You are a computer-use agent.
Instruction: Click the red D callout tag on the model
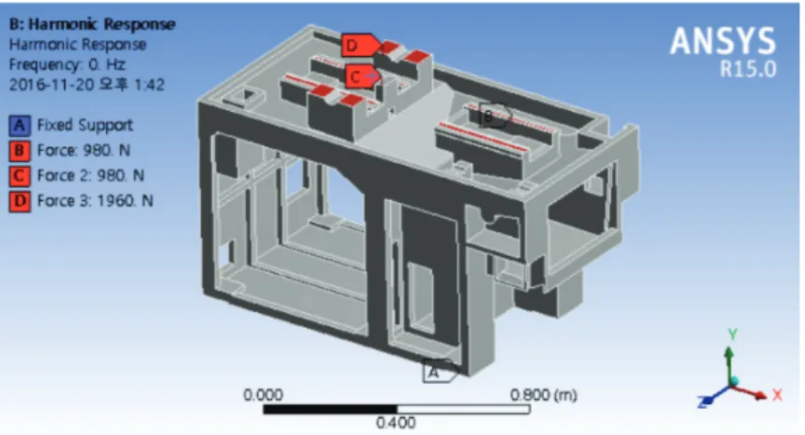(x=361, y=45)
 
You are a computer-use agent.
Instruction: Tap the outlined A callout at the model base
(x=440, y=372)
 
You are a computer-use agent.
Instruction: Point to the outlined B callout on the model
(x=495, y=116)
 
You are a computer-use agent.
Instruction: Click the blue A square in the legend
(x=20, y=126)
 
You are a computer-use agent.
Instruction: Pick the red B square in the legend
(x=20, y=151)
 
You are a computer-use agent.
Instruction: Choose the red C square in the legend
(x=20, y=176)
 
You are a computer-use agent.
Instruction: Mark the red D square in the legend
(x=20, y=201)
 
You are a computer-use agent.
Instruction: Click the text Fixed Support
(x=85, y=125)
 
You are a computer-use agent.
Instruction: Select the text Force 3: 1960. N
(x=95, y=200)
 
